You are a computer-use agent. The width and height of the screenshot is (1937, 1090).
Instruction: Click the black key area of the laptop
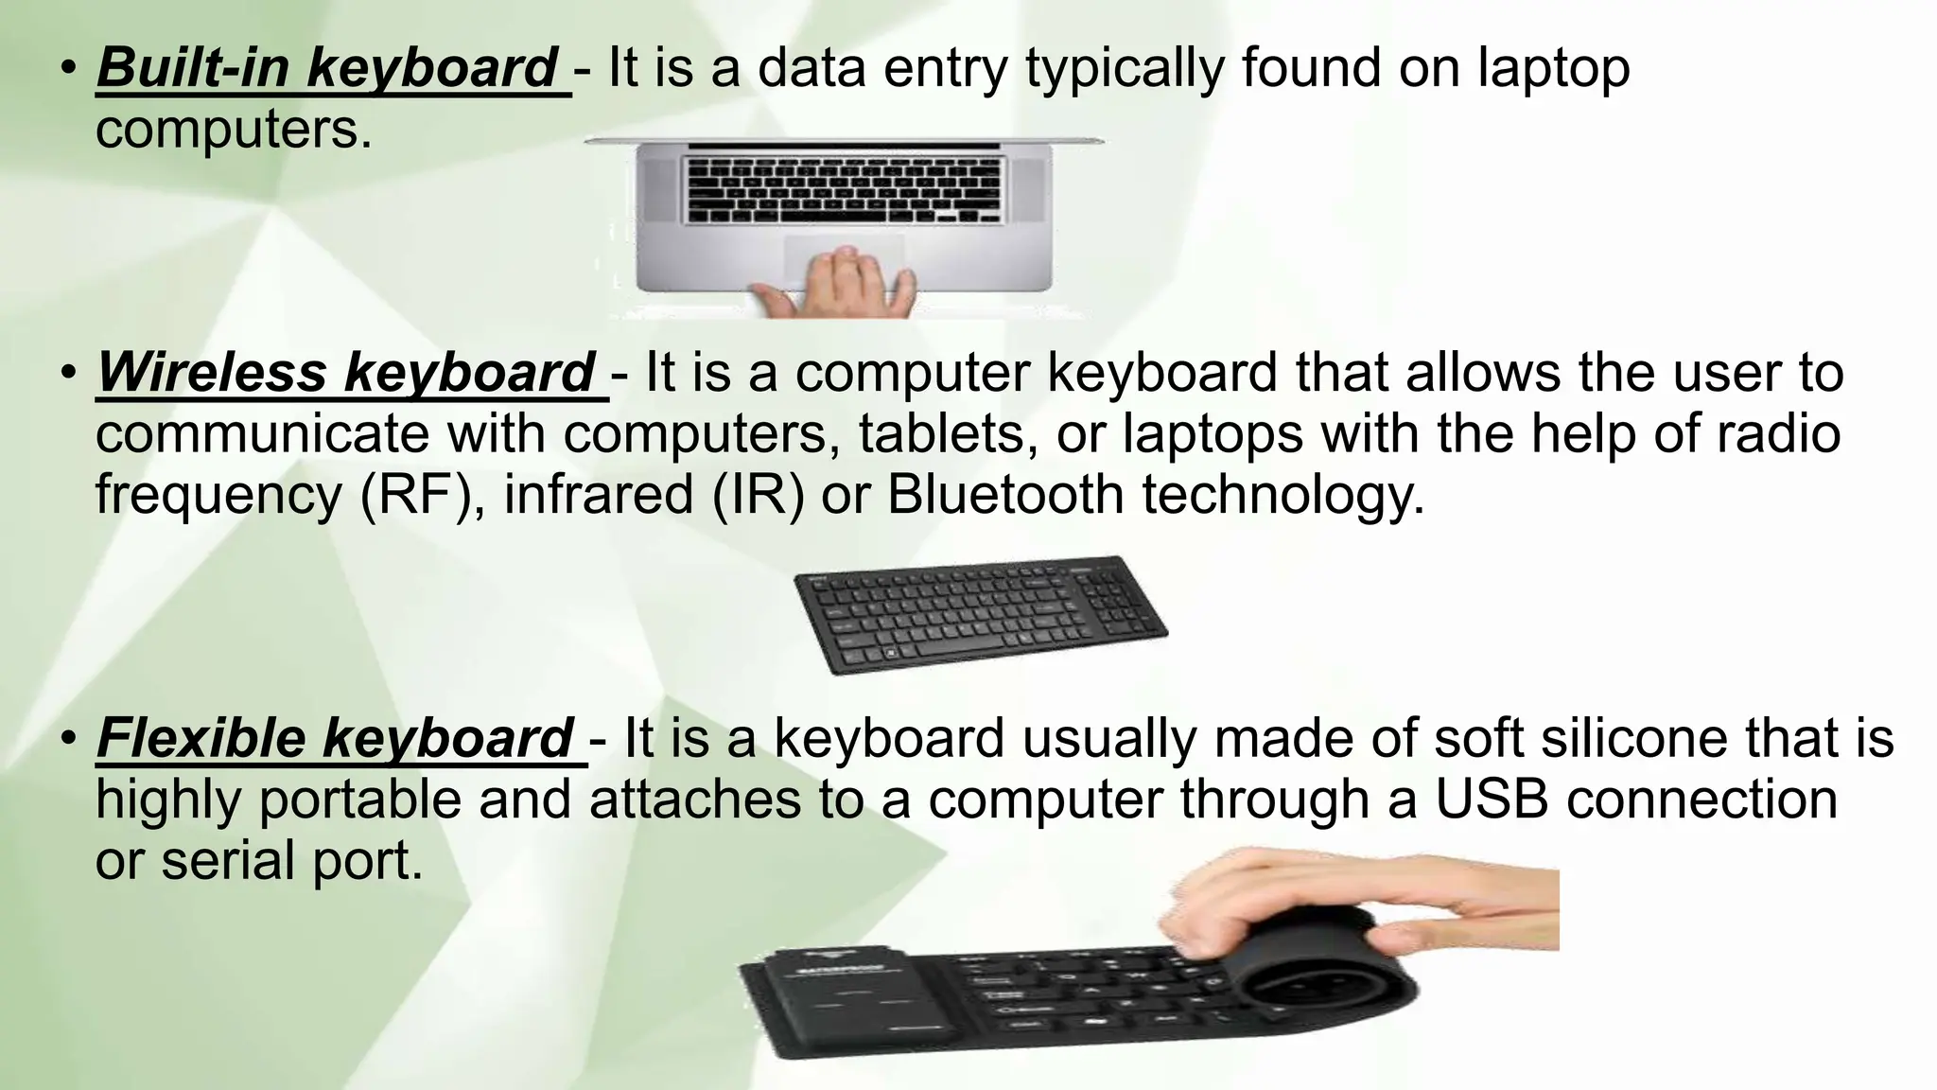842,189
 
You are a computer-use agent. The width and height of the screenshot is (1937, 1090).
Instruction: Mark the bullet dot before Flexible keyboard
67,739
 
